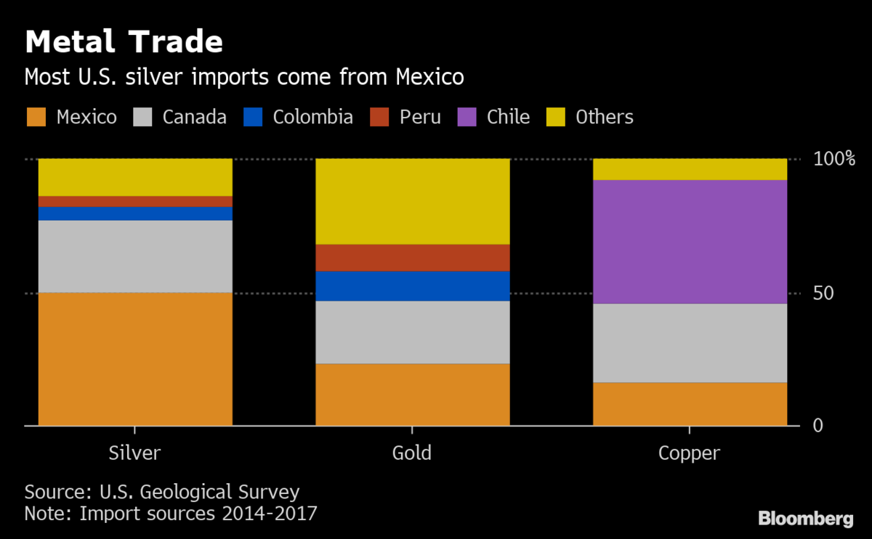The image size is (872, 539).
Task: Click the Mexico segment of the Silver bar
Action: [135, 359]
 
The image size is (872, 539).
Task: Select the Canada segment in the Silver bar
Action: [135, 256]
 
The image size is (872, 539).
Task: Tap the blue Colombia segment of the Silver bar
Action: [135, 214]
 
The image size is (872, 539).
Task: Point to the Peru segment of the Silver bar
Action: [135, 201]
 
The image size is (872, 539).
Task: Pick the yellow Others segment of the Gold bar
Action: [412, 201]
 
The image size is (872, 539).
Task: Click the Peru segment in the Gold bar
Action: [412, 258]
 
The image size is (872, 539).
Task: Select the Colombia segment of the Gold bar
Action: [412, 286]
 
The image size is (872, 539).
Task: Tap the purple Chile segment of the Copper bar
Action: [690, 241]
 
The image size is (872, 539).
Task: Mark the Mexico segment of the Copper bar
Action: [690, 404]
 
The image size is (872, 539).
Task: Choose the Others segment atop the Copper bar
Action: [690, 169]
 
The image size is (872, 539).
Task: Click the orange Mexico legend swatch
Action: [36, 117]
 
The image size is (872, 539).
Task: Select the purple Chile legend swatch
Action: [467, 117]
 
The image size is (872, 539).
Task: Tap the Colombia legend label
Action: [312, 117]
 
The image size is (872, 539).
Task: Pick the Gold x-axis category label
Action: [412, 453]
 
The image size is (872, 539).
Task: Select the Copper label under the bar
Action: [689, 454]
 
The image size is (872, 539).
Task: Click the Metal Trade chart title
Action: [124, 42]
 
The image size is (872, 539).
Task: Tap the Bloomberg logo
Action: [805, 519]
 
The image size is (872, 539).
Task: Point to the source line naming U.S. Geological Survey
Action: [162, 492]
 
